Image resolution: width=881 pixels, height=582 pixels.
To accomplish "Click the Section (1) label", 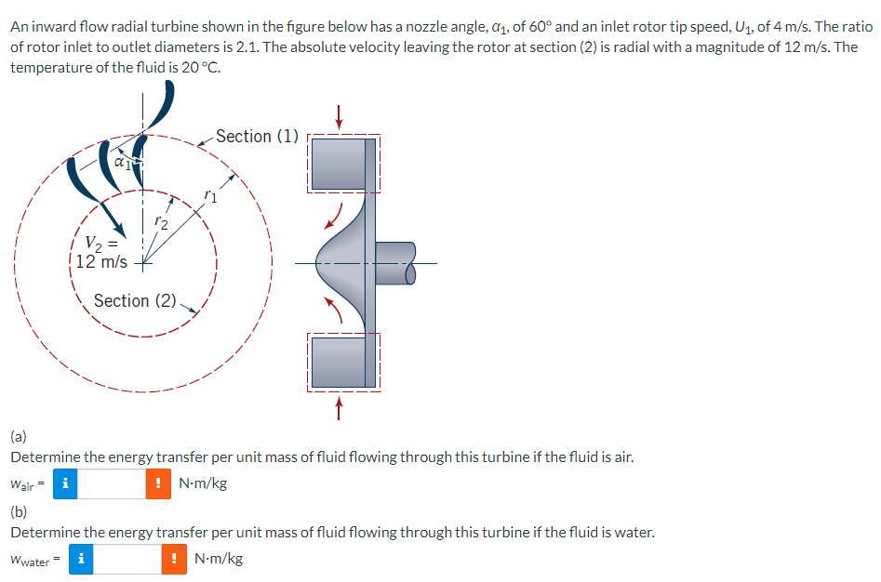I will point(257,137).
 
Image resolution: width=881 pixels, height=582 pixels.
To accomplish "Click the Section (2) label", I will point(135,301).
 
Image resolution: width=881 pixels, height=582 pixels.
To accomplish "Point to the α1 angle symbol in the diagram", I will point(121,162).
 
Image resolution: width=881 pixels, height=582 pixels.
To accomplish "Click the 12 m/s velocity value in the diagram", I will point(101,261).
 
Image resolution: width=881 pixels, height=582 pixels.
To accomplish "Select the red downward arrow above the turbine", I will point(340,116).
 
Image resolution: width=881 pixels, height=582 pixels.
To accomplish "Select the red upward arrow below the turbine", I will point(340,409).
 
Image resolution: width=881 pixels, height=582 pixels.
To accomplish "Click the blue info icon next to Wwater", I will point(82,560).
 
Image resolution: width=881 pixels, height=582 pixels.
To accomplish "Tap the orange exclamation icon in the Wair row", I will point(158,483).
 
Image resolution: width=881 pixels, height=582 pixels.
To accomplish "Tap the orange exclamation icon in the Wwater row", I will point(175,560).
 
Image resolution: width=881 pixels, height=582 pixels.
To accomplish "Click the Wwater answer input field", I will point(127,560).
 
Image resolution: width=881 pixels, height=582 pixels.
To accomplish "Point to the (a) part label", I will point(19,435).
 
